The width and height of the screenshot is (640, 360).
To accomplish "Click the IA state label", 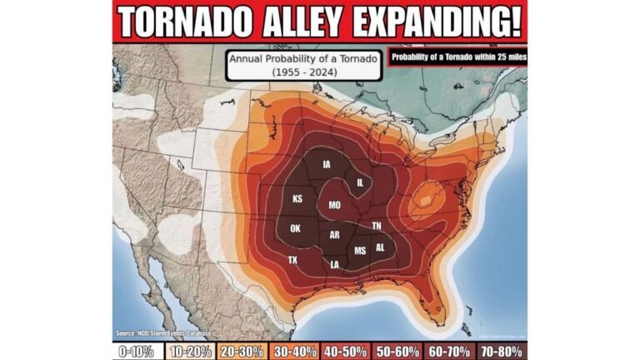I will pos(327,164).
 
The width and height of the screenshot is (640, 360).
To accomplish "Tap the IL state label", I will pos(360,182).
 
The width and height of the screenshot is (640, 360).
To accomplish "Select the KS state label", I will pos(297,199).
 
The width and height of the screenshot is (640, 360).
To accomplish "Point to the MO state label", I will pos(334,204).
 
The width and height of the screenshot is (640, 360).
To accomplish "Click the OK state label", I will pos(295,228).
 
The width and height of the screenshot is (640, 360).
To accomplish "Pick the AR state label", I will pos(334,235).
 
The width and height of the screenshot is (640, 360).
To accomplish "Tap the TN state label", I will pos(377,226).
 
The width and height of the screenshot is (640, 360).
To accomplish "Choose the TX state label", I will pos(292,260).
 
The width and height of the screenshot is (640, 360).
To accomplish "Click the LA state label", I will pos(335,265).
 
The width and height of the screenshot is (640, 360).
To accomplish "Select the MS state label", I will pos(360,250).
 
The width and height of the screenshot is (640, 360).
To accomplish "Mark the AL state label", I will pos(380,247).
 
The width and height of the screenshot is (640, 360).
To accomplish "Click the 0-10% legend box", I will pos(137,351).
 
